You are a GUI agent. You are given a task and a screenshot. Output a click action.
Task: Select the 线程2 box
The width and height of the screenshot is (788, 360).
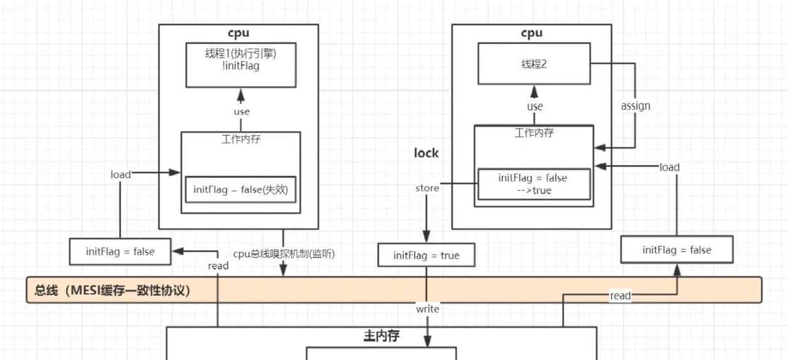click(x=534, y=63)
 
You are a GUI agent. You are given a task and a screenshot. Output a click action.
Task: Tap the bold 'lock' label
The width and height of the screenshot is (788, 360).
click(x=426, y=153)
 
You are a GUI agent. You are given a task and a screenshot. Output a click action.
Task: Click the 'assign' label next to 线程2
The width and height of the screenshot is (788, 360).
click(x=635, y=106)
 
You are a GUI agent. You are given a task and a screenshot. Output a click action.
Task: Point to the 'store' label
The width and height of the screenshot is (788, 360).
click(x=427, y=188)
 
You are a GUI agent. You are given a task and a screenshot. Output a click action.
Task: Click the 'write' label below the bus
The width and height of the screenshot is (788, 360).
click(x=427, y=308)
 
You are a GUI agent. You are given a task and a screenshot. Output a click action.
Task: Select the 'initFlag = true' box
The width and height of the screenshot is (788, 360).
click(x=426, y=255)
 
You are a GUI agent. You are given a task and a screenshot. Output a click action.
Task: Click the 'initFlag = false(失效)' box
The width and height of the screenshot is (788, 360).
click(x=240, y=190)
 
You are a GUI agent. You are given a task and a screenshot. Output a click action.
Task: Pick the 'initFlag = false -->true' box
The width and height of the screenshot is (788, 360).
click(x=533, y=184)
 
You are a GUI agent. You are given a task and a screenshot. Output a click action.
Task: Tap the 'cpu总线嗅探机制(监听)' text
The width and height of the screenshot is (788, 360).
click(x=284, y=254)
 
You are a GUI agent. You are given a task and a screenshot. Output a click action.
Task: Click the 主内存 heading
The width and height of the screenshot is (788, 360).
click(x=381, y=336)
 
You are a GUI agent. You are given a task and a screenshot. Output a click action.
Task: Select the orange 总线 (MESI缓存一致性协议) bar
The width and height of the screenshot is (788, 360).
click(x=394, y=290)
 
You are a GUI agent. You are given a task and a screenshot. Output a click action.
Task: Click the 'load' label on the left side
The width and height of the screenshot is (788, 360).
click(x=121, y=174)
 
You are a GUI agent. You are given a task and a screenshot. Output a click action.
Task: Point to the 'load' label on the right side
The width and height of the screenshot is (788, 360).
click(x=669, y=167)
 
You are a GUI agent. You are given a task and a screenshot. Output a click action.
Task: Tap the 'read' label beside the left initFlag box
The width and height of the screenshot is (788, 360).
click(x=218, y=265)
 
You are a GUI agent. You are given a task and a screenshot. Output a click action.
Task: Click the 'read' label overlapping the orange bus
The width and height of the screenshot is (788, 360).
click(x=620, y=295)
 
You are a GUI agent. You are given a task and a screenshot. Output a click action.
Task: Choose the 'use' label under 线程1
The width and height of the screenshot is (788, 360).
click(x=241, y=111)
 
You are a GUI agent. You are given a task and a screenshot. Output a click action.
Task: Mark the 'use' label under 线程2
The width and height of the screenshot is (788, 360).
click(x=534, y=106)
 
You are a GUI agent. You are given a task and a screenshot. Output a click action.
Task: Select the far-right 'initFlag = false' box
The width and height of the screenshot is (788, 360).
click(x=677, y=250)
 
